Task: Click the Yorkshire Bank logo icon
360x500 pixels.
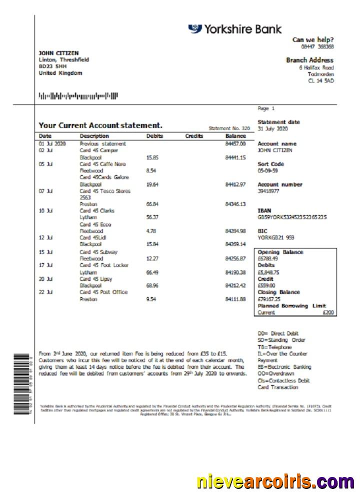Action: point(195,29)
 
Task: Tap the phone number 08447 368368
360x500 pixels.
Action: point(320,46)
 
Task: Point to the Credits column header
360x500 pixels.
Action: point(194,136)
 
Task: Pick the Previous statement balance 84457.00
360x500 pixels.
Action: point(235,143)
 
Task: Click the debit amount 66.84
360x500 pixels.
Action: point(152,204)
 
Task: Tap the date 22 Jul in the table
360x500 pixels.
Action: point(46,292)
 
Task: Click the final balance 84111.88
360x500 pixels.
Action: point(235,299)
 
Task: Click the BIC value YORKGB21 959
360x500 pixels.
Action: point(275,238)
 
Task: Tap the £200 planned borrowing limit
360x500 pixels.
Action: point(329,312)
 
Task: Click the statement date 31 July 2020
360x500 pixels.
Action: point(272,128)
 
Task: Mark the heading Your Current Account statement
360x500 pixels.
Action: point(100,125)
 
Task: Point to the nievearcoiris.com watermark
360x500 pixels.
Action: point(275,482)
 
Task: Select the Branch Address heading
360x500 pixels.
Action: point(309,60)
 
